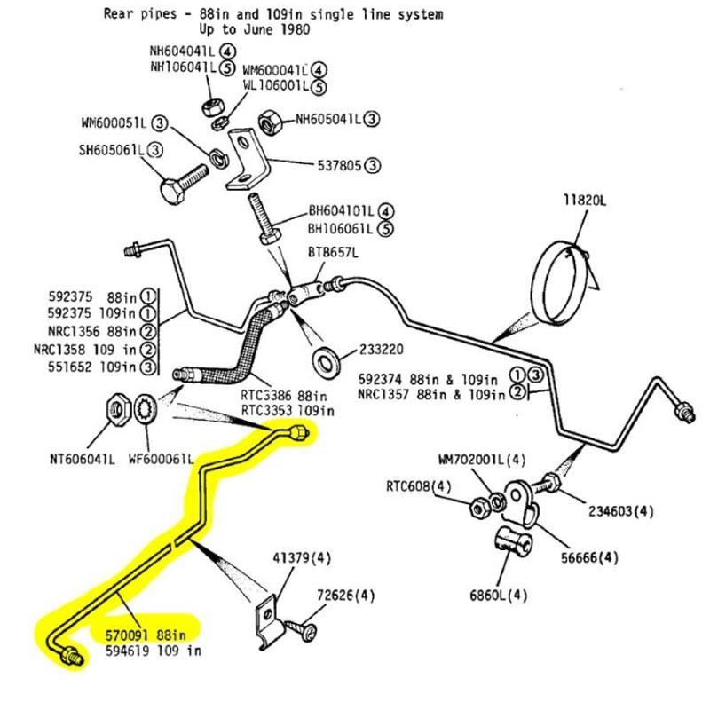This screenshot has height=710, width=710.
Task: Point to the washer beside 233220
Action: click(x=327, y=361)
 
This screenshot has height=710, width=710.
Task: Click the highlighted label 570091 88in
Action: click(x=145, y=635)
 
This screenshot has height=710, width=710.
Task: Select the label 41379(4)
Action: click(x=301, y=558)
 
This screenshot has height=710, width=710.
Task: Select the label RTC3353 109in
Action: click(x=288, y=411)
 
